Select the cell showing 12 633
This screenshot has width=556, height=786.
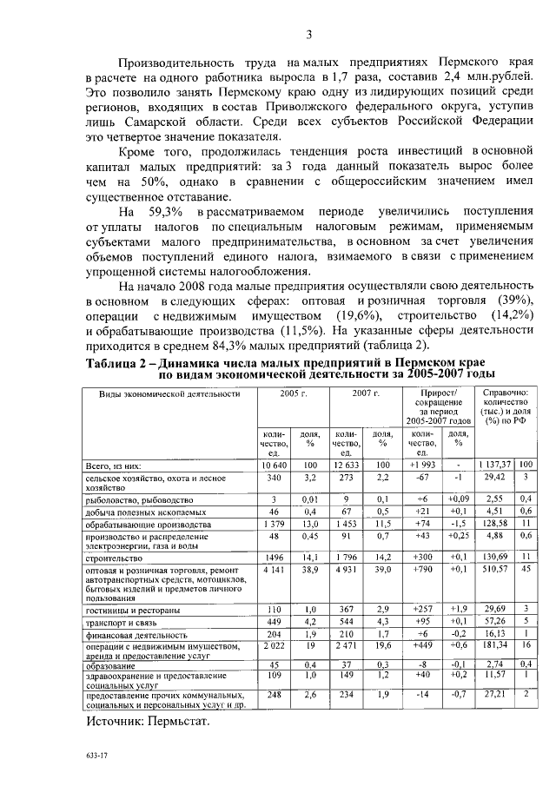(x=347, y=465)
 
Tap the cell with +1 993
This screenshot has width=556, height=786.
(x=421, y=465)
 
